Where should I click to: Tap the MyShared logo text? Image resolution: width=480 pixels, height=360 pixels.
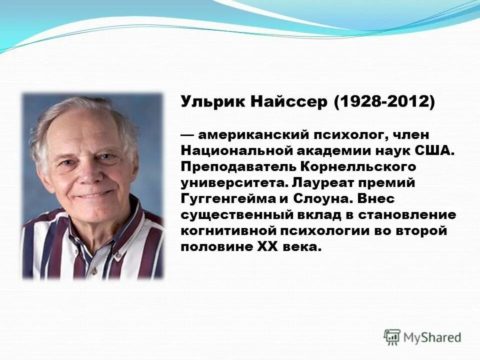432,337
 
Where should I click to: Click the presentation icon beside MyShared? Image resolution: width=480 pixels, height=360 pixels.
392,337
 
